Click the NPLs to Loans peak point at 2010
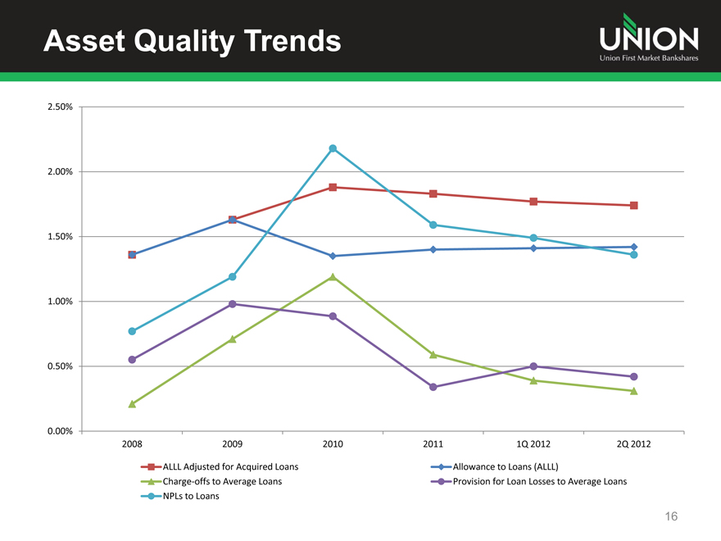pos(333,148)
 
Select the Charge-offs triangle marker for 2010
pos(333,277)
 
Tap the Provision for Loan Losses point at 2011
pos(433,387)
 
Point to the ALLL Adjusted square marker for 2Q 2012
pos(634,206)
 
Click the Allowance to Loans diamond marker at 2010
pos(333,256)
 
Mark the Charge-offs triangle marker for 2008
pos(132,404)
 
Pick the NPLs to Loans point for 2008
pos(132,331)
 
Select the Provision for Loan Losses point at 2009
pos(233,304)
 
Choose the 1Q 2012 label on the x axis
pos(533,445)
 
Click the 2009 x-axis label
pos(233,445)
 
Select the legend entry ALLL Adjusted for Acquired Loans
pos(230,466)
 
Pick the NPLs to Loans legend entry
pos(191,496)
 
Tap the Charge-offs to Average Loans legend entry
pos(222,481)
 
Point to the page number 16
pos(672,516)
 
